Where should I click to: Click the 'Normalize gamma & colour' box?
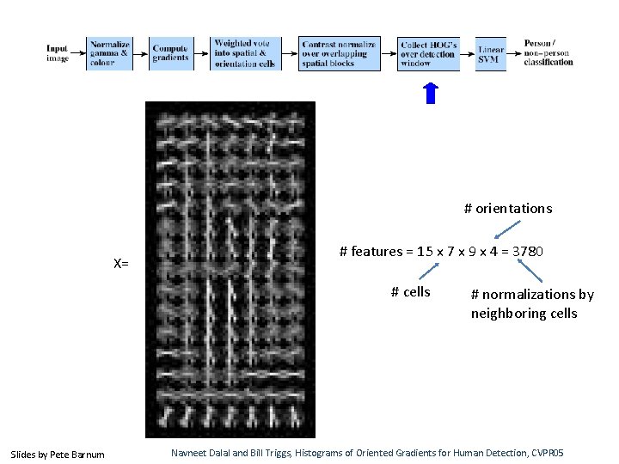click(x=109, y=53)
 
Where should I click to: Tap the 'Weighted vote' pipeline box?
click(x=245, y=53)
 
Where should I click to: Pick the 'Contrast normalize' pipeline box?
click(x=339, y=53)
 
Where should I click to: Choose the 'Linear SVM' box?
click(x=490, y=53)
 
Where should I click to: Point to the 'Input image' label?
click(x=58, y=53)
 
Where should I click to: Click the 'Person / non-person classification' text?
click(x=549, y=52)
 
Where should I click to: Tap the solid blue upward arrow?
click(x=432, y=93)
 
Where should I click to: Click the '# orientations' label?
click(x=508, y=209)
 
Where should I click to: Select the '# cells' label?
click(x=410, y=292)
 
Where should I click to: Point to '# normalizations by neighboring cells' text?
click(x=532, y=304)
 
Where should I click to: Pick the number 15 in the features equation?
click(x=425, y=252)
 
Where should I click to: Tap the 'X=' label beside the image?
click(x=120, y=263)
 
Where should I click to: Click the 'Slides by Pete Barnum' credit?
click(x=57, y=454)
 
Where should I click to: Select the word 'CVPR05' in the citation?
click(x=569, y=453)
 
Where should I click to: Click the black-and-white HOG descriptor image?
click(x=230, y=270)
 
